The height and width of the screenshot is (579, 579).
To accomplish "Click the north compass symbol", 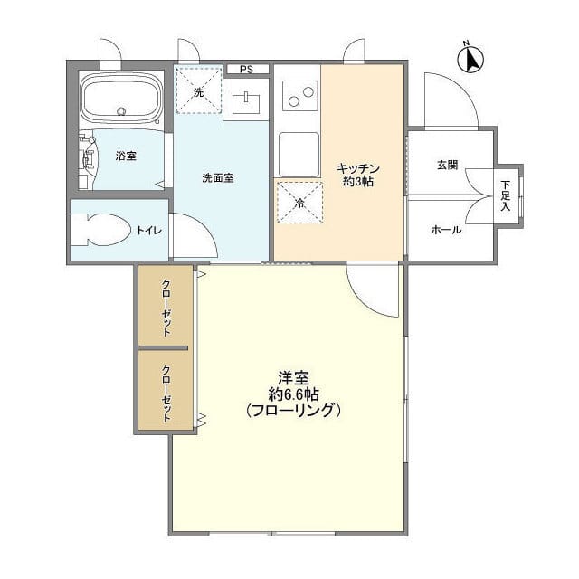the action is (x=470, y=59).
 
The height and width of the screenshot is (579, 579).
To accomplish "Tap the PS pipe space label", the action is (x=246, y=70).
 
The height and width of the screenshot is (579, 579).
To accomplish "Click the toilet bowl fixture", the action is (x=100, y=230).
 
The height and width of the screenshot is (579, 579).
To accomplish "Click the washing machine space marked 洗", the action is (x=199, y=90).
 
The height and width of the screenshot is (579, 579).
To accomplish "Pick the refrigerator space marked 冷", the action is (x=300, y=203).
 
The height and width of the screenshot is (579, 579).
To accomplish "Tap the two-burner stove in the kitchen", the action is (x=299, y=96).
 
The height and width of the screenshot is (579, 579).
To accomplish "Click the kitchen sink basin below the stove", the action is (x=299, y=155).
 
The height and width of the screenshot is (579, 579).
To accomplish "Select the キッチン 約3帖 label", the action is (x=358, y=175).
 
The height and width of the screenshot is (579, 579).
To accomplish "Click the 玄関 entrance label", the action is (x=448, y=165).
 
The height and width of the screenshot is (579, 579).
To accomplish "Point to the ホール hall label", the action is (x=446, y=230).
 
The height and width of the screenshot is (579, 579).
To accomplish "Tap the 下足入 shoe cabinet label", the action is (x=505, y=195).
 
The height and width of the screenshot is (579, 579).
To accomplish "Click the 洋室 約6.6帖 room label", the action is (x=293, y=394).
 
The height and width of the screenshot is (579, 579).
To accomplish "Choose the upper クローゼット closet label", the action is (x=166, y=308).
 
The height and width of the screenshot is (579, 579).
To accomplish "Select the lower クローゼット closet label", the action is (x=166, y=394).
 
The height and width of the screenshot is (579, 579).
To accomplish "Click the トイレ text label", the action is (x=149, y=231).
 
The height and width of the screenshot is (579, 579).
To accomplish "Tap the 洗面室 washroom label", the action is (x=218, y=178).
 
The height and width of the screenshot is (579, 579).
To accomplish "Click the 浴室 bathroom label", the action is (x=126, y=156).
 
